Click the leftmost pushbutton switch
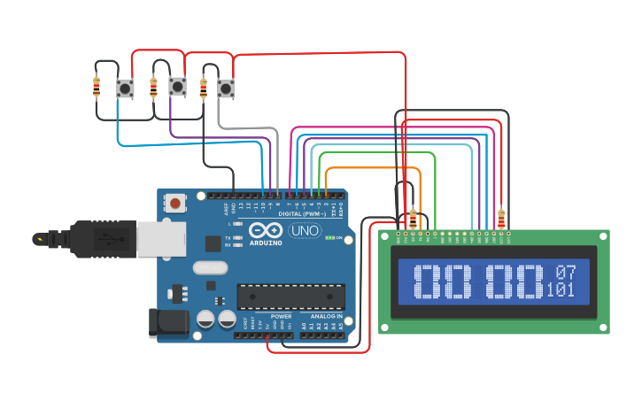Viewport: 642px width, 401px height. click(x=125, y=88)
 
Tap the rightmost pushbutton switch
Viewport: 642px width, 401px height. click(x=226, y=88)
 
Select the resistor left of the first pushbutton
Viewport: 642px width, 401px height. click(x=97, y=87)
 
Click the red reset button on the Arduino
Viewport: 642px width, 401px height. click(x=175, y=204)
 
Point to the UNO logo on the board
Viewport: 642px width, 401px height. click(x=306, y=231)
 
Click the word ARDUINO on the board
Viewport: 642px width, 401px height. click(x=266, y=243)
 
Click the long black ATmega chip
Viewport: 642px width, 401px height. click(x=290, y=297)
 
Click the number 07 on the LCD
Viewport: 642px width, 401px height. click(x=565, y=272)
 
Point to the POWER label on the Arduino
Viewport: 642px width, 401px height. click(x=281, y=316)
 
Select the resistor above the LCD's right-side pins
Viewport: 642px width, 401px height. click(x=502, y=216)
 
